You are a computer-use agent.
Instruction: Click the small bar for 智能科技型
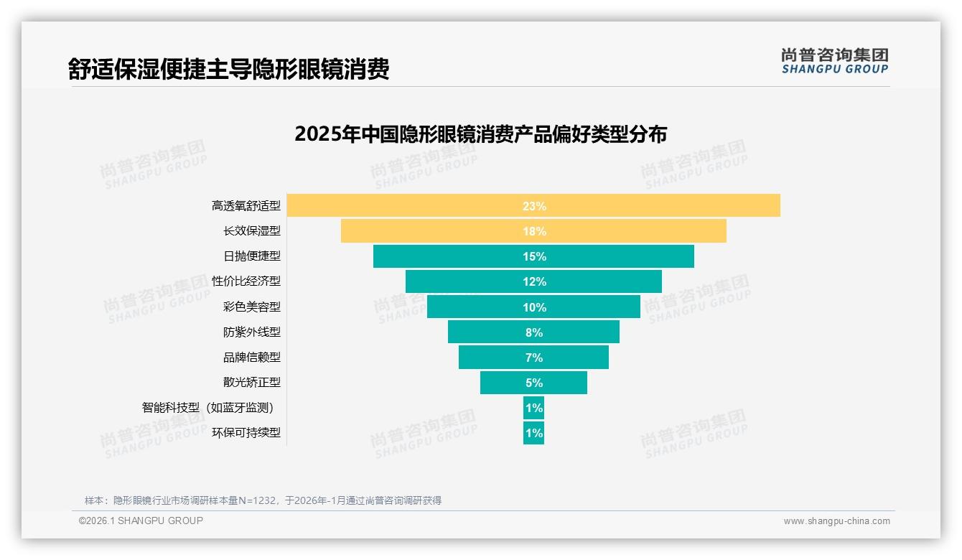[x=533, y=408]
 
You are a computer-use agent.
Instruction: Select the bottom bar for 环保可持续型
[x=533, y=433]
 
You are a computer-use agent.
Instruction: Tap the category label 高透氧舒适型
[x=246, y=206]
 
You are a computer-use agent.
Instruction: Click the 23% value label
[x=534, y=206]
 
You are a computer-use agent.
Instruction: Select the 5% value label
[x=534, y=383]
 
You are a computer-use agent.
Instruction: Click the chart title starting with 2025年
[x=480, y=134]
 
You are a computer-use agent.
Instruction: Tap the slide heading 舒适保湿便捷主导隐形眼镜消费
[x=229, y=70]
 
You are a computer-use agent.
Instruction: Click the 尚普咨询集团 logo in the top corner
[x=835, y=61]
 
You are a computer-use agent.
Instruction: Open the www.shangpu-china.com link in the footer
[x=836, y=521]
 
